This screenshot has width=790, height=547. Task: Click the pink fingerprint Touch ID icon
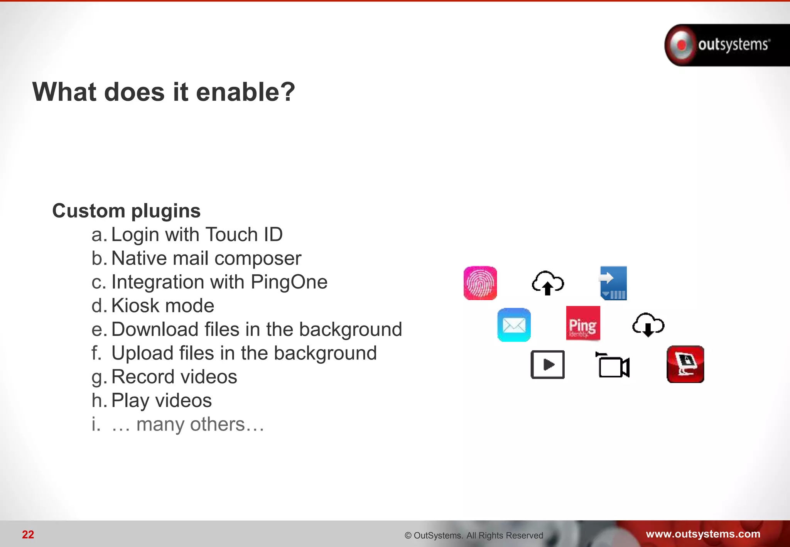pos(480,283)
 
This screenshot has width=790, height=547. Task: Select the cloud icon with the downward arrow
pos(648,325)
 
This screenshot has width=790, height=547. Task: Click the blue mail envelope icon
pos(514,325)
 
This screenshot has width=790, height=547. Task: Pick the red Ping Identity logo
pos(583,323)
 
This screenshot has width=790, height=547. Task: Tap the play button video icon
pos(547,365)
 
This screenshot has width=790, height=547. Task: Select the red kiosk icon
pos(685,364)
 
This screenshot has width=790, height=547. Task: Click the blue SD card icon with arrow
pos(613,283)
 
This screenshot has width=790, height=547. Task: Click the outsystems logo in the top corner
pos(725,45)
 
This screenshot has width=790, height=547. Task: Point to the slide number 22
pos(28,534)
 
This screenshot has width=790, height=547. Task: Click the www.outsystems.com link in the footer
pos(703,534)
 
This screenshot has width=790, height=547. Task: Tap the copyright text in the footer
pos(474,535)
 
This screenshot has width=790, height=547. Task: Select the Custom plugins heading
pos(126,211)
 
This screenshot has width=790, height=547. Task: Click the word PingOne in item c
pos(289,282)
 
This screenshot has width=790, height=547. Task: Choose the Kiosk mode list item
pos(162,306)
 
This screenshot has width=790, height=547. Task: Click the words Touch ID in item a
pos(244,235)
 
